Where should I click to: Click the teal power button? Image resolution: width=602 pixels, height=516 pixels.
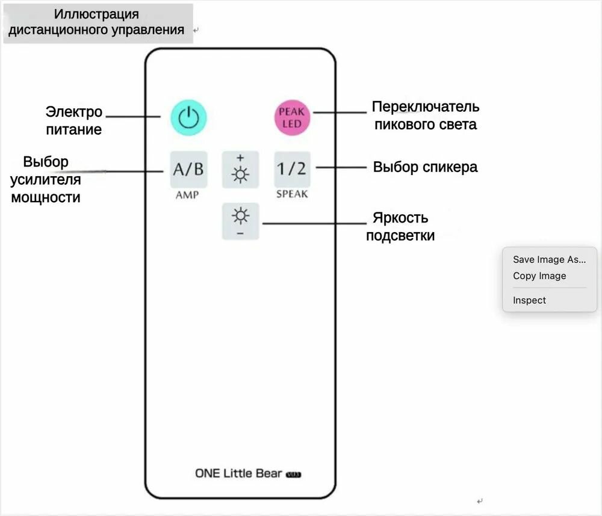tap(188, 117)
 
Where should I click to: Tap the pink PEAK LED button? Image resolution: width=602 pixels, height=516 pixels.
tap(292, 117)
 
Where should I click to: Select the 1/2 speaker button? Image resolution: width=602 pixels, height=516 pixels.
tap(292, 169)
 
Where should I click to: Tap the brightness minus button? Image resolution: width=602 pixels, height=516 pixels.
tap(240, 221)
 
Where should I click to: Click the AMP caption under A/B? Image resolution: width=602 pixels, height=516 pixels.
tap(187, 195)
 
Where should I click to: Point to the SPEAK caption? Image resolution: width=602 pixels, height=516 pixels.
tap(292, 194)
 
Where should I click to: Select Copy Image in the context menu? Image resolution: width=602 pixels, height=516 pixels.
tap(539, 276)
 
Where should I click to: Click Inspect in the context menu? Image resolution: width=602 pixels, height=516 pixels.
tap(529, 300)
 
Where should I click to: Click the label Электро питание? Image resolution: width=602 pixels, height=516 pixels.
tap(74, 120)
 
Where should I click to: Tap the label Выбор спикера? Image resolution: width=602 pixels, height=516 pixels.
tap(425, 167)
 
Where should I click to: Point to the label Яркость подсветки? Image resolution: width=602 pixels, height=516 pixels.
tap(400, 226)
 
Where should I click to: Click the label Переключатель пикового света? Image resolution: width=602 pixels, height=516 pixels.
tap(425, 115)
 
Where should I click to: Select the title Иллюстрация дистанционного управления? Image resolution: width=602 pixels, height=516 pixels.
tap(96, 22)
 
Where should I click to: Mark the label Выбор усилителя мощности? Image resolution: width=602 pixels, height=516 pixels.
tap(46, 179)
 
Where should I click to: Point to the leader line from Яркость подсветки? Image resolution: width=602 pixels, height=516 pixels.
tap(313, 223)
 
